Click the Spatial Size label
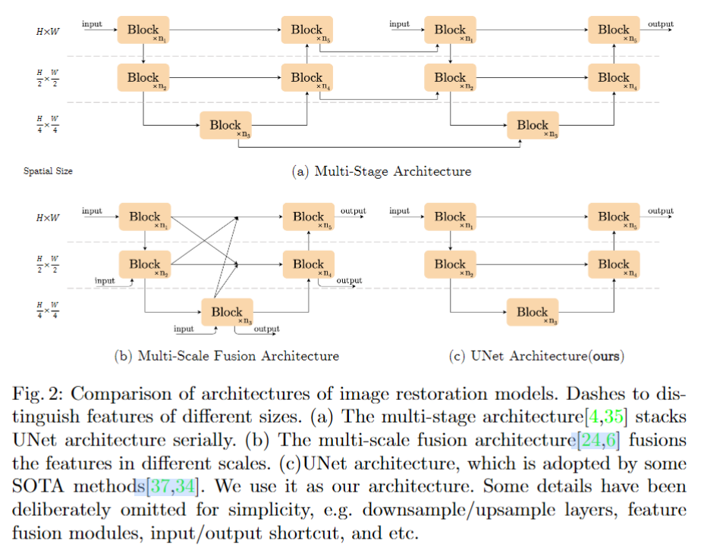point(49,171)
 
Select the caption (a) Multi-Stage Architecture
point(382,171)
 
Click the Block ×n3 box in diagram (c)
point(533,313)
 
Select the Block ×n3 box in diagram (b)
point(227,313)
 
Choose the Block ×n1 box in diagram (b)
point(144,217)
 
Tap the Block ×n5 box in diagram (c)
point(614,217)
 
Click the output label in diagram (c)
point(660,211)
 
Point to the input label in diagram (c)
point(400,211)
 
